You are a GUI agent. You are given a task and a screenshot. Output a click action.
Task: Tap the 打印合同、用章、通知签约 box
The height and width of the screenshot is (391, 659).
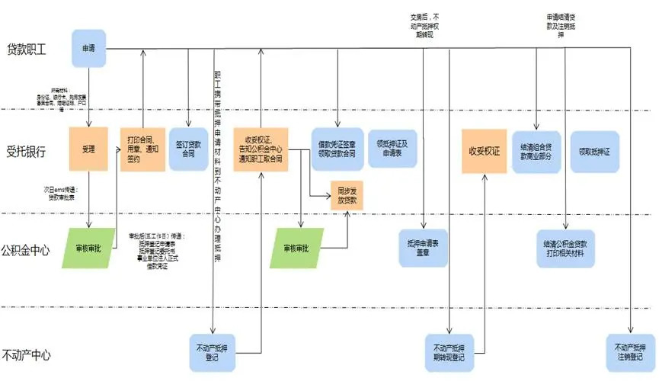coord(143,149)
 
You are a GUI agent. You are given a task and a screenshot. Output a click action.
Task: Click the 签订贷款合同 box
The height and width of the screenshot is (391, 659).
coord(188,149)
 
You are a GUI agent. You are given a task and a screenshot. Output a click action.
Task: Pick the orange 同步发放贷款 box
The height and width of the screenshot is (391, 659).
coord(347,197)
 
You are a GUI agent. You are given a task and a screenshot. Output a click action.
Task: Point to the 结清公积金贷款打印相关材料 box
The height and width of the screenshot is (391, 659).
coord(565,248)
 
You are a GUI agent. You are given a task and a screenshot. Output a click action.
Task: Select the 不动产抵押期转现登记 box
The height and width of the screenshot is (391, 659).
coord(448,352)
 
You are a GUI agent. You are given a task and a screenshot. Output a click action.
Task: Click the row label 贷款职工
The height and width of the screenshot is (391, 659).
coord(27,50)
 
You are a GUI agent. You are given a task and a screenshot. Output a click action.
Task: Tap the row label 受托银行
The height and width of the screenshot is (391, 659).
coord(27,150)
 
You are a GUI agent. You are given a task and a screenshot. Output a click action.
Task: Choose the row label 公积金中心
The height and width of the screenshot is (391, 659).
coord(26,249)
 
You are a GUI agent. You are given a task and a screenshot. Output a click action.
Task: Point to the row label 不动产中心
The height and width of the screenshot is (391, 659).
coord(26,354)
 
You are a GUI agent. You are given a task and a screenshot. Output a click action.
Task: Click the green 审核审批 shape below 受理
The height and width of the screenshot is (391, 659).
coord(88,248)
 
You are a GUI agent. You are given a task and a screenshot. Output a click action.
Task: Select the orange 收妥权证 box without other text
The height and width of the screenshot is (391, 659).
coord(485,149)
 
